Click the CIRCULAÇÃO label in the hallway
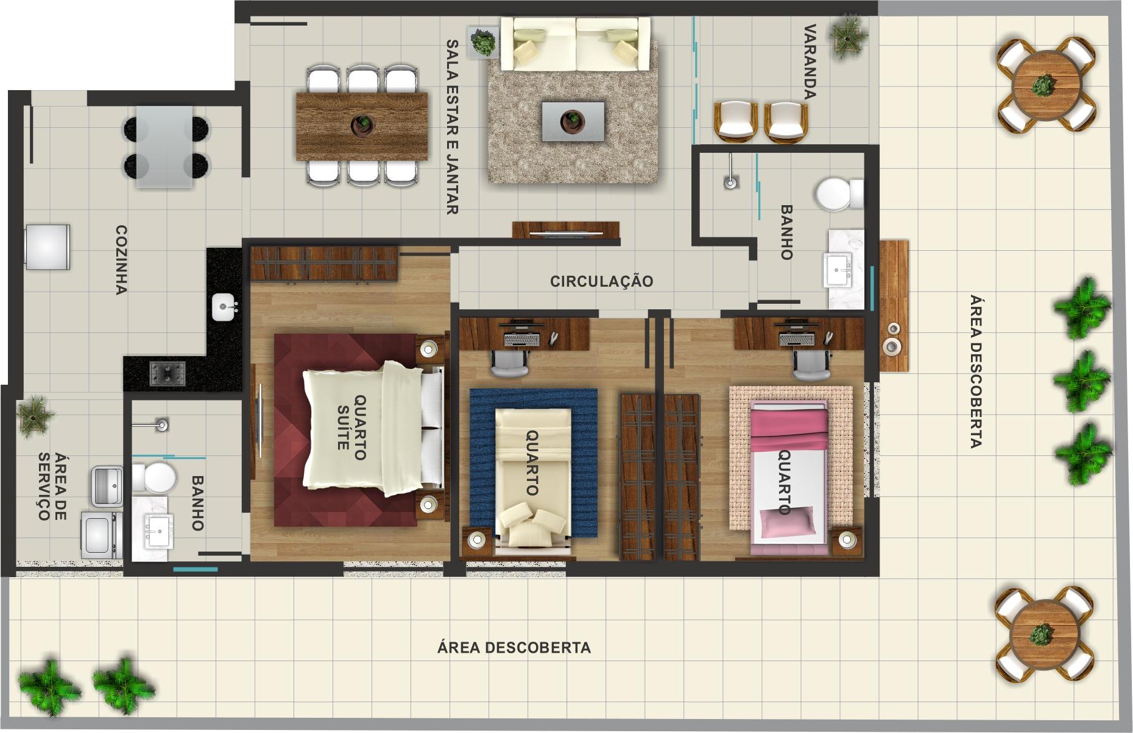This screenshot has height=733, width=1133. (x=601, y=281)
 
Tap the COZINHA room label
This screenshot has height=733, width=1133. (x=121, y=260)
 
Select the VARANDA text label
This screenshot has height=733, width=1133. (x=810, y=61)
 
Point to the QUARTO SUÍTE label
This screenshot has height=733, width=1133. (x=351, y=427)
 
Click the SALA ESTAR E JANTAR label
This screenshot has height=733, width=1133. (x=452, y=127)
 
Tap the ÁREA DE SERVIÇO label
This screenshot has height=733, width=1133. (x=52, y=486)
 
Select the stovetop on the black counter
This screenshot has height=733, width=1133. (x=168, y=373)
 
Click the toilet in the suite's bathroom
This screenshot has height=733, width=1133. (x=154, y=477)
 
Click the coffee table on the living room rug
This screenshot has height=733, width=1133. (x=573, y=121)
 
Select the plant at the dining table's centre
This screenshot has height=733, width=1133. (x=363, y=124)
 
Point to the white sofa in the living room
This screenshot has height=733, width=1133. (x=576, y=44)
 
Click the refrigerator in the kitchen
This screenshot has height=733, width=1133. (x=47, y=247)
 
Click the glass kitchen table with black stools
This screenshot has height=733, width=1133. (x=164, y=146)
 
